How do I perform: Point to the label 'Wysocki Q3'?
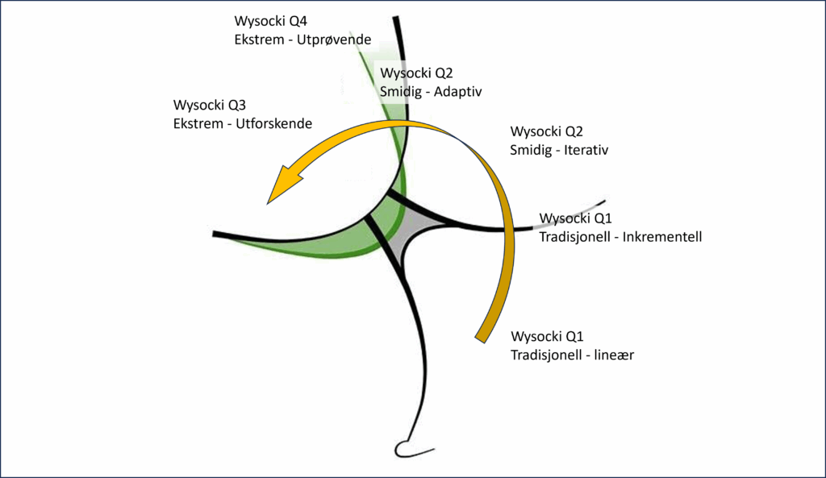(208, 106)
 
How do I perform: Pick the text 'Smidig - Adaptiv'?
(431, 91)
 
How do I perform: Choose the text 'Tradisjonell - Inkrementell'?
(620, 237)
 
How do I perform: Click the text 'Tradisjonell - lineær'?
(572, 355)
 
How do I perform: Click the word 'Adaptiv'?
(457, 91)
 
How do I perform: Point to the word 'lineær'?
(614, 355)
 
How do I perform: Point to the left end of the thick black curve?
(216, 234)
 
